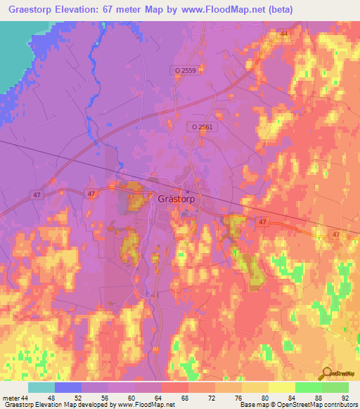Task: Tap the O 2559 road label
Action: tap(186, 71)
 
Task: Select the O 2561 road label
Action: tap(201, 127)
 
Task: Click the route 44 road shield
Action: tap(284, 33)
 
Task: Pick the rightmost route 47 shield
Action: tap(336, 234)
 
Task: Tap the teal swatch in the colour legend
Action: tap(41, 387)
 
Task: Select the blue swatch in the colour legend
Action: tap(68, 387)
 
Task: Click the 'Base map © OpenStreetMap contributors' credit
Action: tap(298, 405)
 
